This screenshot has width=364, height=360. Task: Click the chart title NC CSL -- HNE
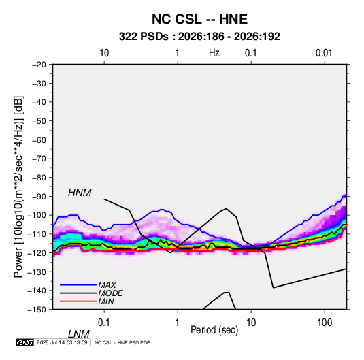click(x=199, y=19)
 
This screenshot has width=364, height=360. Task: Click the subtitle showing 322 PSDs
click(x=199, y=37)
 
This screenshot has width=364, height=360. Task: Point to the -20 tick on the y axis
click(x=39, y=65)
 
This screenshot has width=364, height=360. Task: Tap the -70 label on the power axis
click(x=39, y=159)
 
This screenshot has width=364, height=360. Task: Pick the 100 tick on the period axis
click(x=325, y=323)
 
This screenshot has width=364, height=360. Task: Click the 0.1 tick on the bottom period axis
click(x=104, y=323)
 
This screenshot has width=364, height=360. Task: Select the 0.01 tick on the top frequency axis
click(x=324, y=53)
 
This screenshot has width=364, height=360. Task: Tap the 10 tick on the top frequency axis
click(x=104, y=53)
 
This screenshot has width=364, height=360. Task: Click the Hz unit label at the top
click(x=214, y=53)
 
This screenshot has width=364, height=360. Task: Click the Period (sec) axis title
click(x=214, y=330)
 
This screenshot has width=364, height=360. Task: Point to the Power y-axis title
click(x=18, y=187)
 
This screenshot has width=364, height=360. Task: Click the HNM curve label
click(x=80, y=193)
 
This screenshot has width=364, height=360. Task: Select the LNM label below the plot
click(x=79, y=334)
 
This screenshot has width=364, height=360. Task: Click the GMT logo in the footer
click(x=24, y=342)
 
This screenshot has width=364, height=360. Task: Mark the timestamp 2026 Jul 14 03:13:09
click(x=62, y=342)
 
